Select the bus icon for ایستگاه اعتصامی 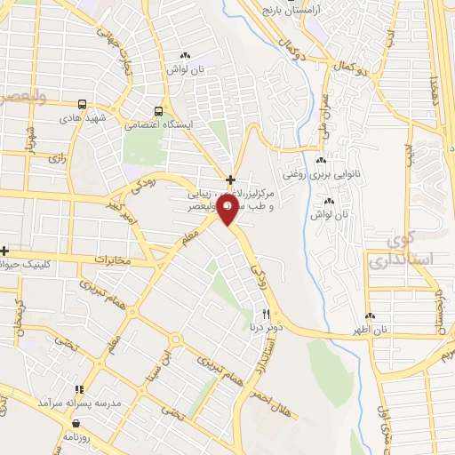coord(158,111)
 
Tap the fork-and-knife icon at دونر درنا coord(265,314)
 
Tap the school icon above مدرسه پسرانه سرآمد coord(80,389)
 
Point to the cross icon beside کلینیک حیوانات coord(4,251)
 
